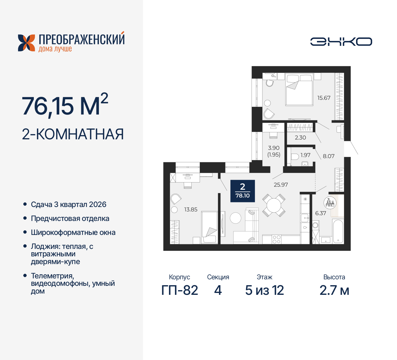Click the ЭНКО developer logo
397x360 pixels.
coord(341,42)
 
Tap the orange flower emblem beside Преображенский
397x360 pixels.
coord(26,43)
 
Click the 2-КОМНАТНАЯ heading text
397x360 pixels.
coord(73,134)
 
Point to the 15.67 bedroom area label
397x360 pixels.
coord(323,98)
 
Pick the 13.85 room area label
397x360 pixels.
coord(191,209)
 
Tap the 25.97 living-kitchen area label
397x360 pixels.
coord(281,185)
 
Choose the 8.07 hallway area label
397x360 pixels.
coord(328,156)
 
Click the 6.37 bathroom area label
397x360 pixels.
coord(320,213)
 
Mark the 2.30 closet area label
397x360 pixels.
coord(300,137)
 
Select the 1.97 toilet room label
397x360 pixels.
coord(305,155)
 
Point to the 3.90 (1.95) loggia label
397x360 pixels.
coord(274,151)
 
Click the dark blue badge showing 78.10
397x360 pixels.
coord(243,191)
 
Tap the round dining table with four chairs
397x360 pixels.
coord(274,205)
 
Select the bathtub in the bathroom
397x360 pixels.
coord(338,231)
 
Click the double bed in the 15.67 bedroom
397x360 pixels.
coord(299,90)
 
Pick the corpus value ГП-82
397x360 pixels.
coord(180,290)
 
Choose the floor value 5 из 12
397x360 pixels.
coord(264,290)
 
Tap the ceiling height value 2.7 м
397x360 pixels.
coord(334,290)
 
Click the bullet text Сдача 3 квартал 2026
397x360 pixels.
coord(69,205)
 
